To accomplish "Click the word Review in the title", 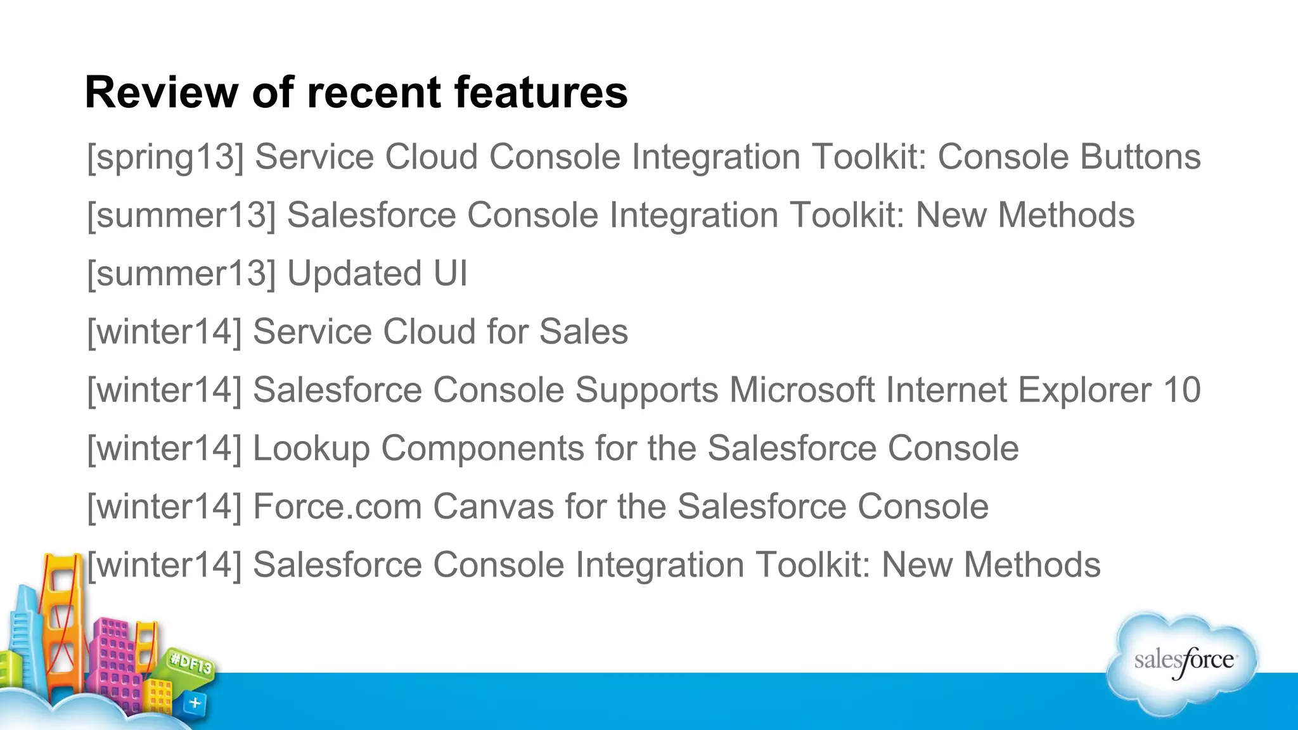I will click(x=161, y=93).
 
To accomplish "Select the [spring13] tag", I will click(x=165, y=157).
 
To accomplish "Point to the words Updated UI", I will click(x=377, y=274).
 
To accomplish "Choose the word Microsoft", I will click(x=802, y=390).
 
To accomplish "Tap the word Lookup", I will click(x=311, y=449).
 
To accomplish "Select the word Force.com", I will click(x=337, y=507).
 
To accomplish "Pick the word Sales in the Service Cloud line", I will click(x=583, y=332).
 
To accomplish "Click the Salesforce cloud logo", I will click(x=1183, y=662).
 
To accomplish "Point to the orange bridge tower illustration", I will click(x=62, y=621).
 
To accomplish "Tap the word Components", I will click(x=482, y=449).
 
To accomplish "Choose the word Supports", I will click(x=646, y=390).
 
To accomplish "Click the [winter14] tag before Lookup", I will click(x=164, y=449).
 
